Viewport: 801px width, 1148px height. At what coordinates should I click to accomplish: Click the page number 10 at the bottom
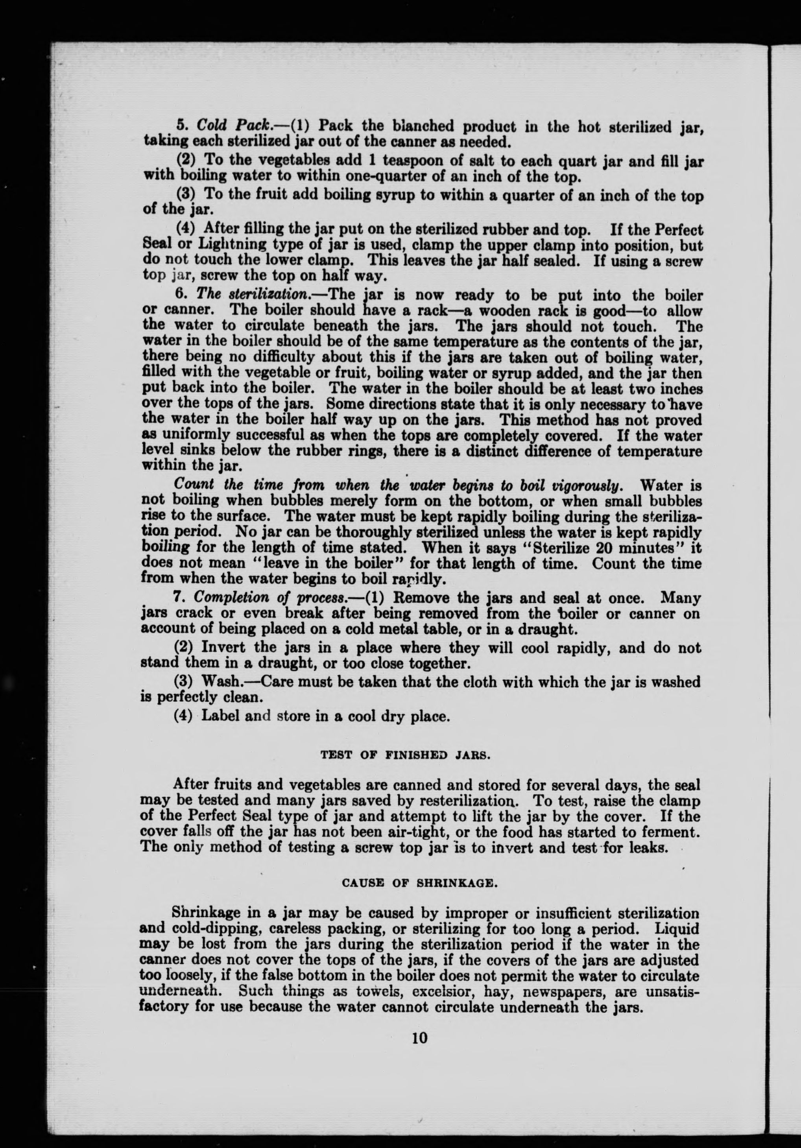[x=419, y=1037]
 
